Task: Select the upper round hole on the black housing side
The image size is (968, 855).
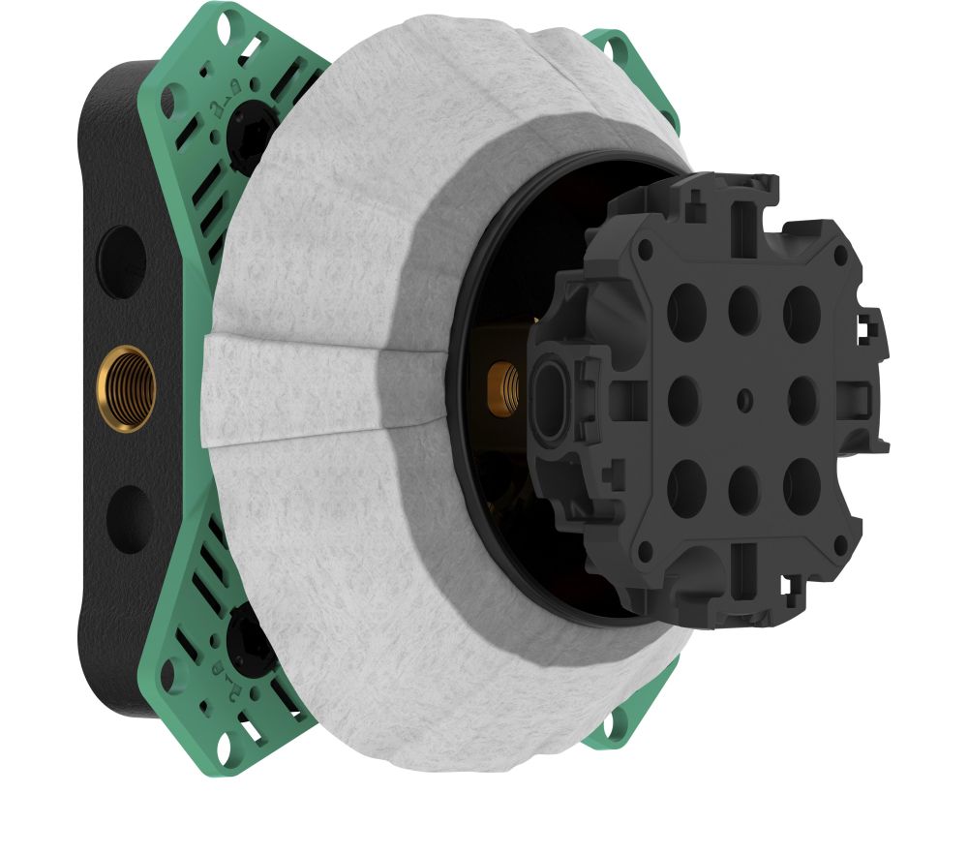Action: [123, 261]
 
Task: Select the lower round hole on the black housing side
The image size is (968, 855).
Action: [128, 519]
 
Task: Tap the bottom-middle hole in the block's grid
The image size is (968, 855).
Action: [743, 483]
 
